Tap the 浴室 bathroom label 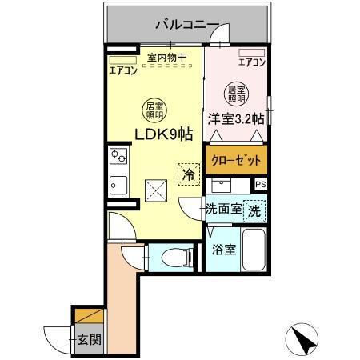tap(223, 250)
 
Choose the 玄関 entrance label tap(90, 339)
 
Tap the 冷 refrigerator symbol tap(188, 173)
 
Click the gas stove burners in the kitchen tap(118, 155)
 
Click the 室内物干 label tap(166, 58)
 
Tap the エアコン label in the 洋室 tap(253, 62)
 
